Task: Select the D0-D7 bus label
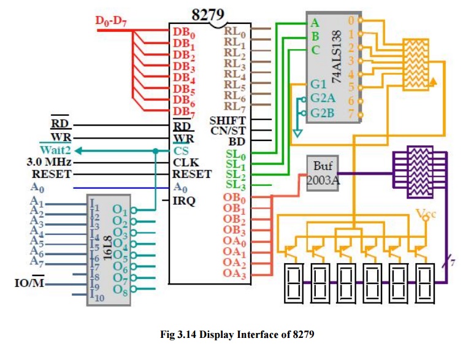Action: tap(112, 21)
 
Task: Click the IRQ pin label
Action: tap(184, 200)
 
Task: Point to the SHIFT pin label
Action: tap(228, 120)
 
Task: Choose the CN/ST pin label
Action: tap(228, 131)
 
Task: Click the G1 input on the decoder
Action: tap(318, 85)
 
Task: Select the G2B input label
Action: tap(323, 113)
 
